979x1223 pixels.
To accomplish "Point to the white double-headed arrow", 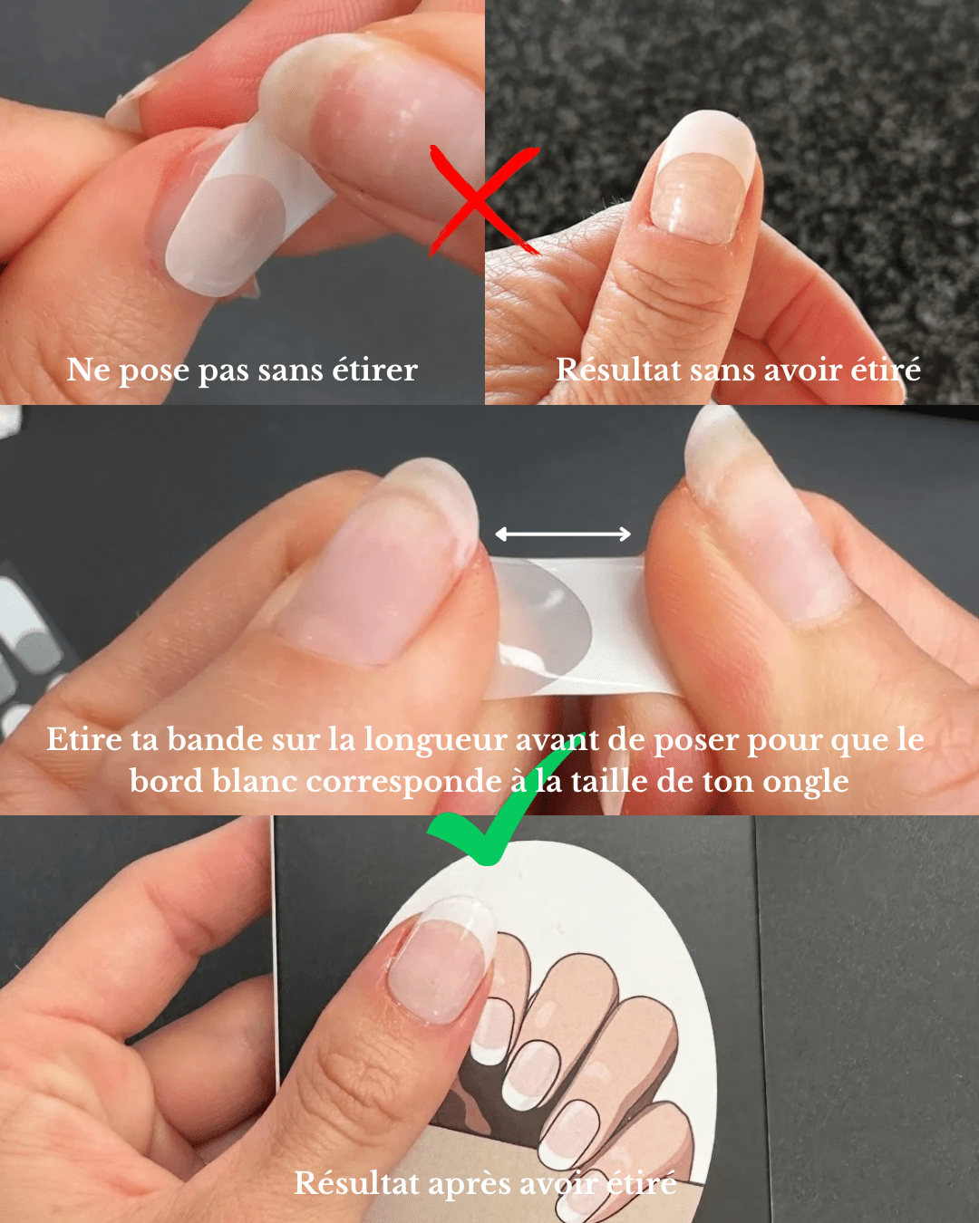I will [563, 534].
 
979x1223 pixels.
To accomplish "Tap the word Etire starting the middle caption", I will [84, 739].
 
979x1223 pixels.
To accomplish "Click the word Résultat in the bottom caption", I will [356, 1183].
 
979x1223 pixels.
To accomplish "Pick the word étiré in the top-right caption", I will [885, 370].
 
